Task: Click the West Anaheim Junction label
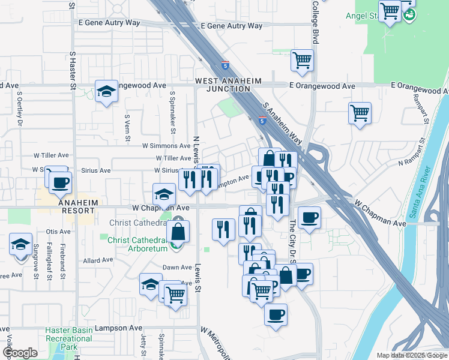pos(222,85)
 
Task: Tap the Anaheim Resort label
pos(77,206)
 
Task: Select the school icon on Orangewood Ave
pos(106,91)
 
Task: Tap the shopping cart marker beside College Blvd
pos(301,60)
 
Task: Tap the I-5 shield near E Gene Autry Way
pos(224,64)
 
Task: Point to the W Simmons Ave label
pos(166,146)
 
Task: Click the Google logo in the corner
pos(20,353)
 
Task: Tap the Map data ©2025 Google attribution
pos(411,355)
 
